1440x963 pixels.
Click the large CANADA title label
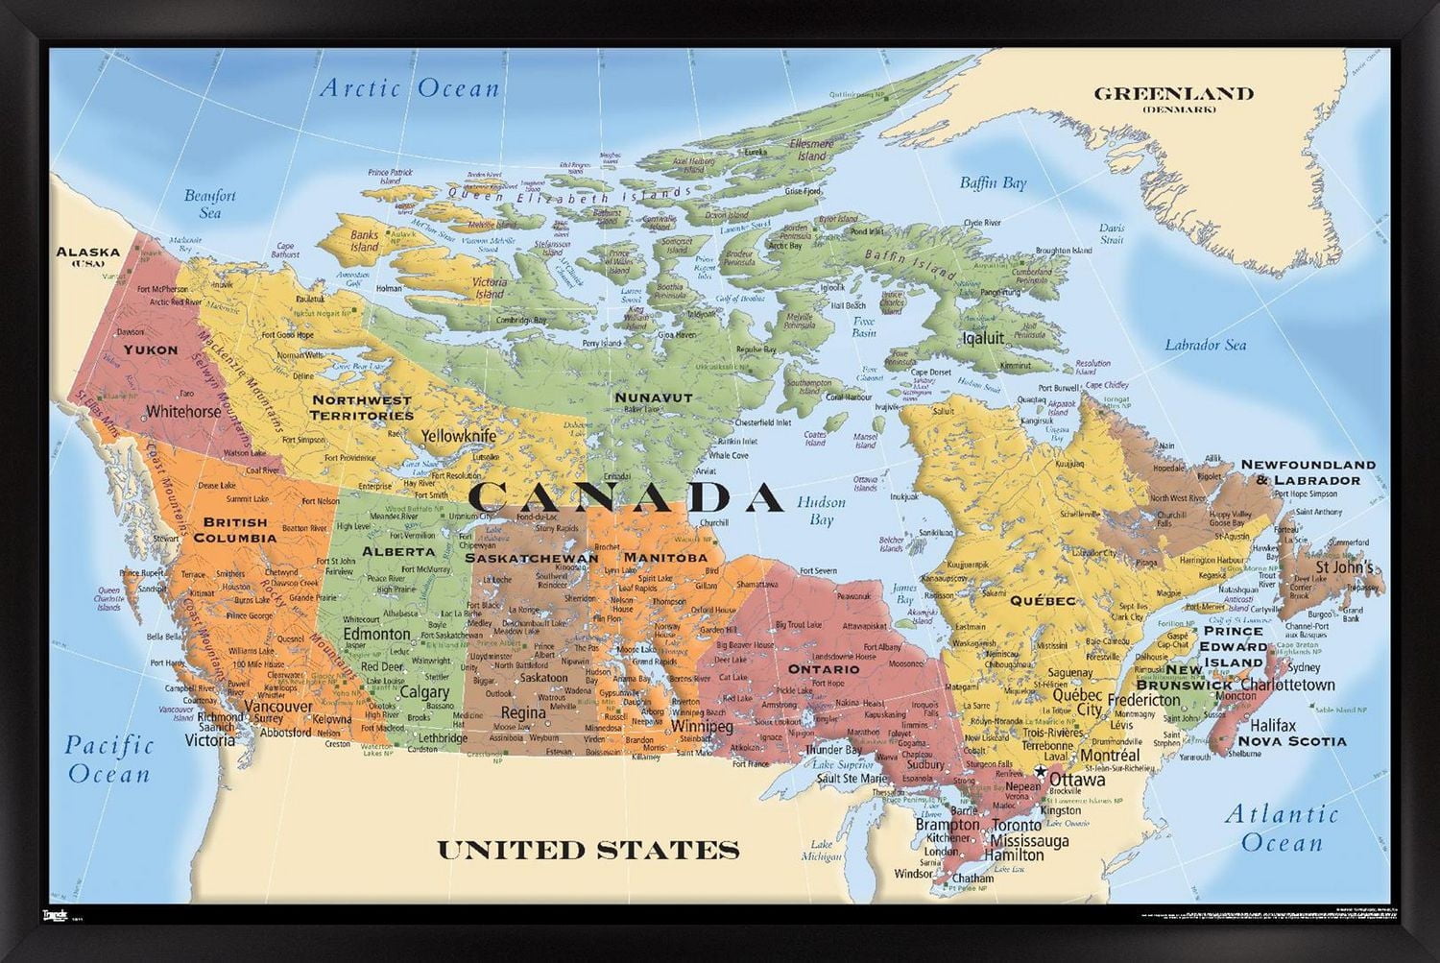pyautogui.click(x=627, y=496)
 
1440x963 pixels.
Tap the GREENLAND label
pyautogui.click(x=1174, y=94)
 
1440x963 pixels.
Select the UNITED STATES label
pyautogui.click(x=588, y=850)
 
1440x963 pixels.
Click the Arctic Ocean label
pyautogui.click(x=410, y=88)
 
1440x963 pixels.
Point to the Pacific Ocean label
pyautogui.click(x=109, y=758)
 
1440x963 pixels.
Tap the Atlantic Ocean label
pyautogui.click(x=1282, y=828)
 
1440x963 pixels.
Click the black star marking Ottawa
pyautogui.click(x=1040, y=772)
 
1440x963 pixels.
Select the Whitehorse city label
pyautogui.click(x=183, y=411)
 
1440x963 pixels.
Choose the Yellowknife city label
pyautogui.click(x=460, y=436)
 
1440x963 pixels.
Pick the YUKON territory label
pyautogui.click(x=151, y=349)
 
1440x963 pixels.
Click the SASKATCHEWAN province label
pyautogui.click(x=532, y=558)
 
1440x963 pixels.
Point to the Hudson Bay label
pyautogui.click(x=821, y=511)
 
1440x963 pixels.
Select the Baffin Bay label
pyautogui.click(x=993, y=182)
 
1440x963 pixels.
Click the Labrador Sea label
pyautogui.click(x=1205, y=345)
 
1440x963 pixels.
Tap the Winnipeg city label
pyautogui.click(x=703, y=726)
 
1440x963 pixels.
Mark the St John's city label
pyautogui.click(x=1343, y=566)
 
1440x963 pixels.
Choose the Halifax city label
pyautogui.click(x=1273, y=725)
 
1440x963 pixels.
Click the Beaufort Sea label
pyautogui.click(x=210, y=204)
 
